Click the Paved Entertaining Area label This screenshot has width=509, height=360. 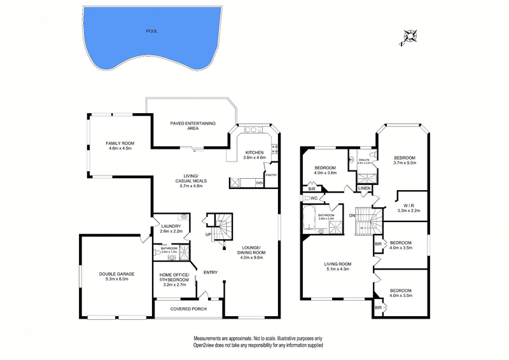pyautogui.click(x=193, y=125)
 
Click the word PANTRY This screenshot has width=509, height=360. pyautogui.click(x=270, y=174)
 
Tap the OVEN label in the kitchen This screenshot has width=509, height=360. pyautogui.click(x=259, y=183)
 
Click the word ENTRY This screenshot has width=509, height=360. pyautogui.click(x=211, y=273)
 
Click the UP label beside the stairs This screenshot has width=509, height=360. pyautogui.click(x=209, y=235)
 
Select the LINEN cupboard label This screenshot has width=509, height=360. pyautogui.click(x=365, y=189)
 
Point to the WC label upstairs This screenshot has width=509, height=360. pyautogui.click(x=312, y=198)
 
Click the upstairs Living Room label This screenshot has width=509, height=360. pyautogui.click(x=338, y=265)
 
